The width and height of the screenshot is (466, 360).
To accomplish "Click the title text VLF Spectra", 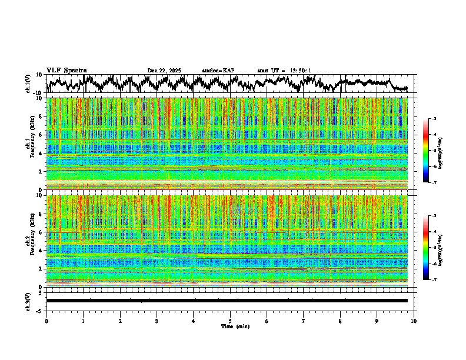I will pos(66,70).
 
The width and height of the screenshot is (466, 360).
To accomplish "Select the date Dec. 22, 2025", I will pos(164,71).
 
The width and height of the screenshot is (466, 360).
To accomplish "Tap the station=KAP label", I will pos(218,71).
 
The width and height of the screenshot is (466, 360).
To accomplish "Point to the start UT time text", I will pos(284,71).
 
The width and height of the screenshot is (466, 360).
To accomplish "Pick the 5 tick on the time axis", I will pos(230,321).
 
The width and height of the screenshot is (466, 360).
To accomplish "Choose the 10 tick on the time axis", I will pos(414,321).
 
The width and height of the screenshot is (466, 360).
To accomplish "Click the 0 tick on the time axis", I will pos(46,321).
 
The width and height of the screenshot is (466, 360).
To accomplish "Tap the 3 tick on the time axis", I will pos(157,321).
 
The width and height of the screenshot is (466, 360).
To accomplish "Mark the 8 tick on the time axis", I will pos(341,321).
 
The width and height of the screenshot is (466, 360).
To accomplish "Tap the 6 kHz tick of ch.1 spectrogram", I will pos(41,135).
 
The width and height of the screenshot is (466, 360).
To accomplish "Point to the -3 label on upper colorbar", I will pos(434,119).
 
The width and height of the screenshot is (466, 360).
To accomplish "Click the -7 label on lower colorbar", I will pos(434,280).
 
